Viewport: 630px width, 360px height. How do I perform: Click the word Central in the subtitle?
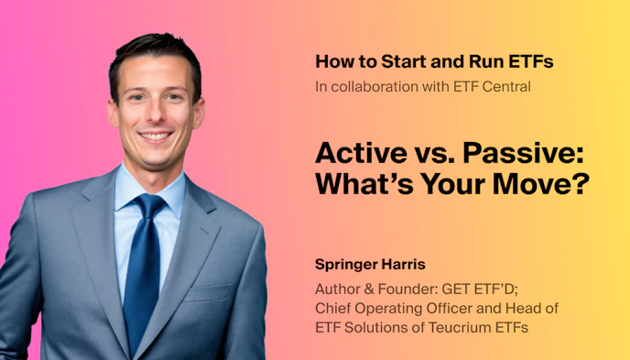505,87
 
